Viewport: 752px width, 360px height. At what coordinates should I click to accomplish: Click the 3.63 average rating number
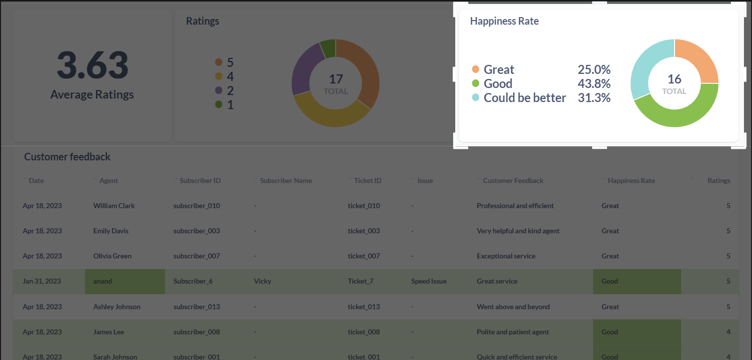click(x=93, y=66)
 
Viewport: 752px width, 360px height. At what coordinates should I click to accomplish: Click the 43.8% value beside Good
click(x=594, y=83)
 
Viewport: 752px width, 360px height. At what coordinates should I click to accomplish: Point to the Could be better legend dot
click(x=475, y=98)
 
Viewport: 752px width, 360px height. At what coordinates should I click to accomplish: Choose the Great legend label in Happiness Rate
click(x=498, y=69)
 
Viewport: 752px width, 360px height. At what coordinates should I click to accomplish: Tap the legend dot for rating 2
click(x=218, y=91)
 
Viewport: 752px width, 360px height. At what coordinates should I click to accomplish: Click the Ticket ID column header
click(x=367, y=181)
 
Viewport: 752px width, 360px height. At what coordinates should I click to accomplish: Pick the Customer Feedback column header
click(x=513, y=181)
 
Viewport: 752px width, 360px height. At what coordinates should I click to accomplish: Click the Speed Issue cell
click(x=429, y=281)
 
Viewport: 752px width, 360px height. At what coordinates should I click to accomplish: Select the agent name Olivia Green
click(x=112, y=256)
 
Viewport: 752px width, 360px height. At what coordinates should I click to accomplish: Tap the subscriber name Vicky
click(x=263, y=281)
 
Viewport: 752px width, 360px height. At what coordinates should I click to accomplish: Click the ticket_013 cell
click(x=364, y=307)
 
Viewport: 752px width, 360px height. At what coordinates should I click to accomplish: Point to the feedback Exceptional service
click(x=506, y=256)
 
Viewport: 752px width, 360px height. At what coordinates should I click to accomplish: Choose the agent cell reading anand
click(x=103, y=281)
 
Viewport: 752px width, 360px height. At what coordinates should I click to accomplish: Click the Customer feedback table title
click(x=67, y=157)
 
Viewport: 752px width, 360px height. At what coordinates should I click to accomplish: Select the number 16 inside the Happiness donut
click(x=674, y=79)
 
